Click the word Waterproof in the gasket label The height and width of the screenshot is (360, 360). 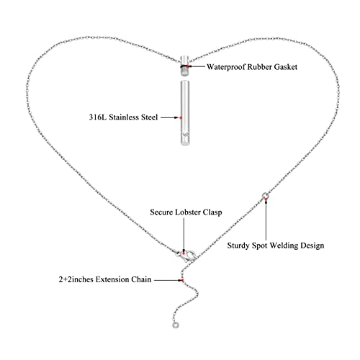point(226,67)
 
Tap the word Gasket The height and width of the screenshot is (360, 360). point(286,67)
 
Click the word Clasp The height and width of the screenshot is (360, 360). point(212,212)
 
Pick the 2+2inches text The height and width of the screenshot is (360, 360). point(76,279)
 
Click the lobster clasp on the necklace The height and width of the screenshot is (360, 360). point(187,256)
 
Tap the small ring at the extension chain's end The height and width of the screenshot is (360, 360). point(176,325)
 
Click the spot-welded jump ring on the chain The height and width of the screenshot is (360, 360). point(265,195)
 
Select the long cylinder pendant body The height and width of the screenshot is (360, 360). point(185,113)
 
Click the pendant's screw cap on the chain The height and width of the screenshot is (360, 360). point(185,66)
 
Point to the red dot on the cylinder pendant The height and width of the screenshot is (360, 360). point(181,118)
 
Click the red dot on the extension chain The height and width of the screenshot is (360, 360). point(182,280)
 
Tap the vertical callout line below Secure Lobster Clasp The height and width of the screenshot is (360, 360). point(184,235)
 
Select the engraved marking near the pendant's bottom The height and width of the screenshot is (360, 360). point(185,135)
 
